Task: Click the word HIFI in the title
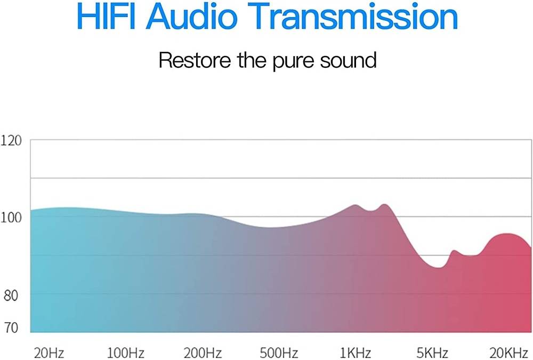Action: pos(106,16)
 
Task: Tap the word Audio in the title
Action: pos(193,16)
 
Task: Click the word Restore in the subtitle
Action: pos(195,60)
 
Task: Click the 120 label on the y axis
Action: pos(11,140)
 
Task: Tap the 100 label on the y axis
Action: pos(11,218)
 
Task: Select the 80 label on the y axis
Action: pos(11,295)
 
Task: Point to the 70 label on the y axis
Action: pos(11,327)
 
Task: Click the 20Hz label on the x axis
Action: pos(49,353)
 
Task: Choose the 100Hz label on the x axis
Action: pos(126,353)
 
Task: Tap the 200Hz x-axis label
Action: pos(203,353)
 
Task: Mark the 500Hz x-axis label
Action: pos(279,353)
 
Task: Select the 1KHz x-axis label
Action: pos(356,353)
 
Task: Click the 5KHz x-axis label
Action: pos(432,353)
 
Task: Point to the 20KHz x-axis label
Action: pos(509,353)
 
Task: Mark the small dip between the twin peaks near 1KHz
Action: pos(371,211)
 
